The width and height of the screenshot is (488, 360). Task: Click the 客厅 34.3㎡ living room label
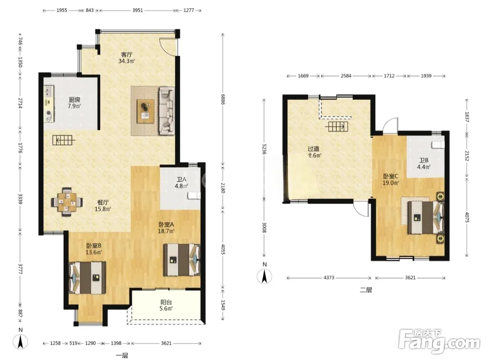[127, 57]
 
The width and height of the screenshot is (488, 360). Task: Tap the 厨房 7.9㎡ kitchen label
[75, 103]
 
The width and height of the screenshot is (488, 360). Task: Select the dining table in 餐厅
[67, 202]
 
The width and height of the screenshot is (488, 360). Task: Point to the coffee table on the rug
[146, 111]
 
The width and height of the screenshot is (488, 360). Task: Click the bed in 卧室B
[88, 278]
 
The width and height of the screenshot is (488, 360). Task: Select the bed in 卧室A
[182, 260]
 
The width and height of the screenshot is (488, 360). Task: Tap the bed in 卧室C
[426, 217]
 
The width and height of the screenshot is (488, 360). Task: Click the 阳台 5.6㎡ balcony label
[166, 305]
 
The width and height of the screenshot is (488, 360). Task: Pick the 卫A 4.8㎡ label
[181, 183]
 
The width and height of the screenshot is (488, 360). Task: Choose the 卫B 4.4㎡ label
[423, 164]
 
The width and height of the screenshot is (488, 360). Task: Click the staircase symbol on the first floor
[64, 140]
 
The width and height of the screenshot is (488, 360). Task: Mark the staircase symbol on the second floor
[337, 127]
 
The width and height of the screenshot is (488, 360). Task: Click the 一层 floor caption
[122, 355]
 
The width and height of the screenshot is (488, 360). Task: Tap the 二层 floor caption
[366, 290]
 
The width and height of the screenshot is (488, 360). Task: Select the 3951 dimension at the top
[137, 10]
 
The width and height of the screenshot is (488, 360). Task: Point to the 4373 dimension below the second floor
[328, 278]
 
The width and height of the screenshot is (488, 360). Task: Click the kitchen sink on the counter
[48, 91]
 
